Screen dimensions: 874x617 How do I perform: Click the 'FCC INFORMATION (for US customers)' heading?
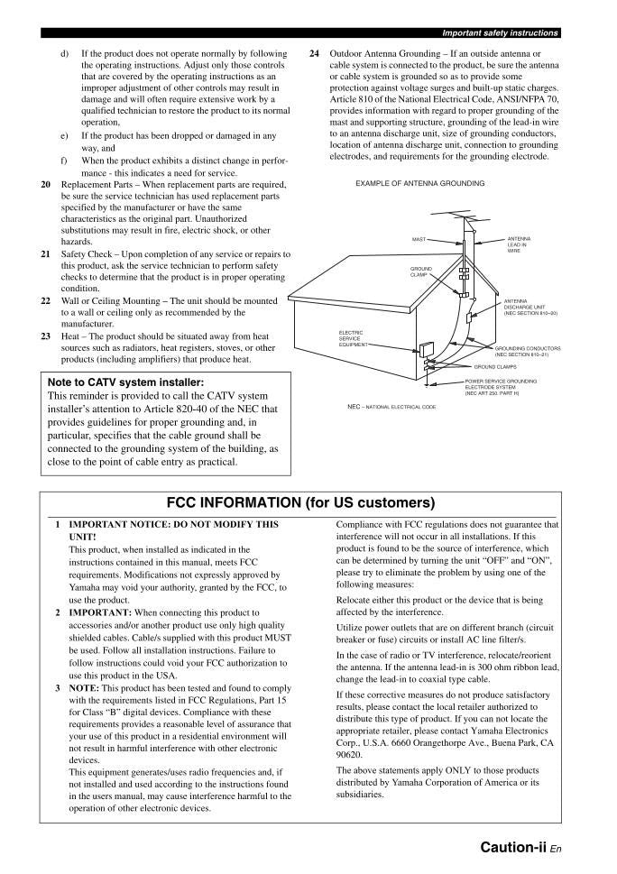click(301, 502)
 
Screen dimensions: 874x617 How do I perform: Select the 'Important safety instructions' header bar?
click(499, 33)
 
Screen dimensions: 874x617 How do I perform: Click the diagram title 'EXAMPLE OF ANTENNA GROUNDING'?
click(419, 183)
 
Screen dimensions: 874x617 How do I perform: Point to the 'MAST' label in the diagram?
click(419, 240)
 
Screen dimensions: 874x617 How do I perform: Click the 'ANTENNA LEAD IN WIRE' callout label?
click(519, 244)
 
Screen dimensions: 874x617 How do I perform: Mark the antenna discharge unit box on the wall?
click(471, 317)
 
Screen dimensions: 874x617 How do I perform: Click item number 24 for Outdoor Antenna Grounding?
click(314, 54)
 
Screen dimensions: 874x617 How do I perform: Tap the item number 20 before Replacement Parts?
click(46, 184)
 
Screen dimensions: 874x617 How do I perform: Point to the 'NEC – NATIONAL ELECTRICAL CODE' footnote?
click(391, 407)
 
